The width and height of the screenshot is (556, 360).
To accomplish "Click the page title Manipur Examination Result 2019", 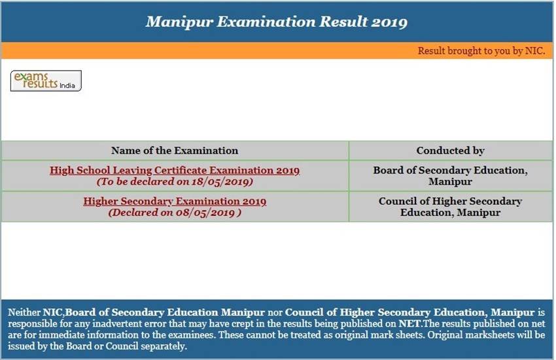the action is tap(276, 22).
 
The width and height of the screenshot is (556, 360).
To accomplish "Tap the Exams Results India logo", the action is tap(46, 81).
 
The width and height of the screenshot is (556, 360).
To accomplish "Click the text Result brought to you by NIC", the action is tap(481, 51).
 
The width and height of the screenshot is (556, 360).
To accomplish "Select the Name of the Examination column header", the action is tap(175, 151).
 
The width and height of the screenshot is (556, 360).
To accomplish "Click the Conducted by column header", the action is tap(450, 151).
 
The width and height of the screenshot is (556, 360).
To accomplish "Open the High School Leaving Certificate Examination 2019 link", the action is tap(175, 170).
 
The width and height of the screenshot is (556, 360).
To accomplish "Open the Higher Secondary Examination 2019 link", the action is tap(175, 201).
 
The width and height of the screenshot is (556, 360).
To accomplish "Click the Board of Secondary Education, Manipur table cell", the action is tap(450, 175).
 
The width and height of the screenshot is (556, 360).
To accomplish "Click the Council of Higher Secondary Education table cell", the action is tap(450, 207).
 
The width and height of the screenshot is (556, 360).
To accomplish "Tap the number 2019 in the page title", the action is tap(389, 22).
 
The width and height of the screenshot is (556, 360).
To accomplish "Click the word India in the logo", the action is tap(67, 85).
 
